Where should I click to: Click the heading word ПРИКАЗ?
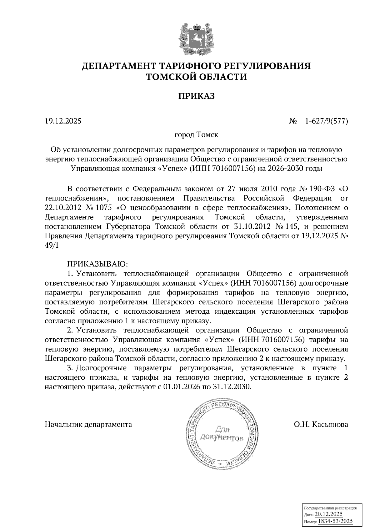(197, 96)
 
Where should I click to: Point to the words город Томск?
(196, 135)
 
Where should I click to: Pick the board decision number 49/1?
(52, 245)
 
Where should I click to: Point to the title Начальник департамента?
(88, 424)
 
